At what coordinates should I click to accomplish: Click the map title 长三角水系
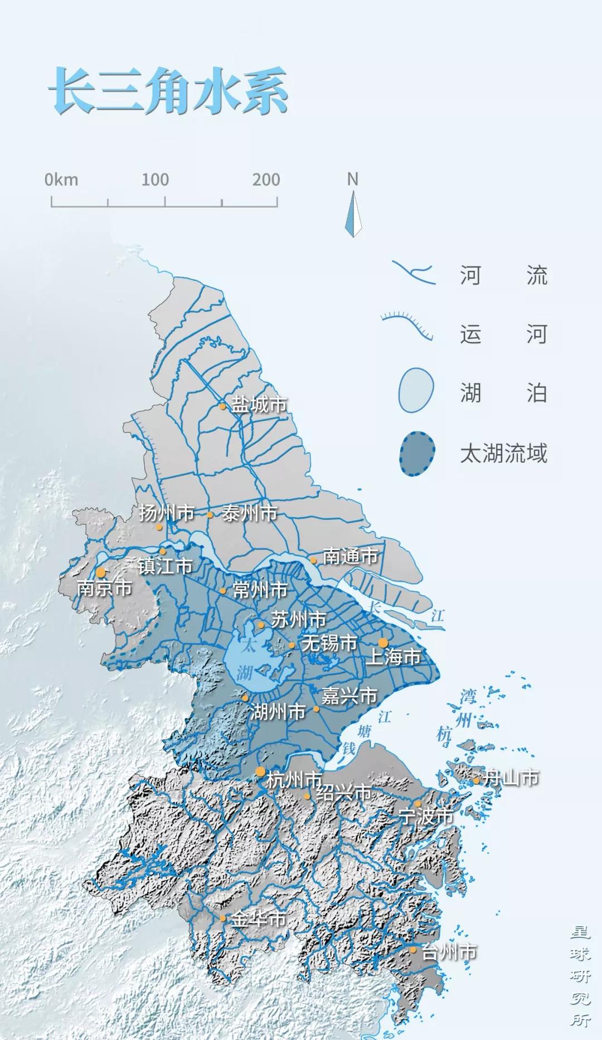click(x=168, y=91)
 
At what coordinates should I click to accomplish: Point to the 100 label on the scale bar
click(x=154, y=179)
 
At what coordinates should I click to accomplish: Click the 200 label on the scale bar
click(x=266, y=179)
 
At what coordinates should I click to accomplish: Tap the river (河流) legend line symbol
click(x=413, y=273)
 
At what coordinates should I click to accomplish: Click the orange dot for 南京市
click(x=101, y=572)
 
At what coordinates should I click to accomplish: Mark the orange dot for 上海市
click(x=383, y=643)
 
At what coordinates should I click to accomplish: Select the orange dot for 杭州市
click(x=260, y=771)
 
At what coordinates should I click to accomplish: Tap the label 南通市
click(x=350, y=556)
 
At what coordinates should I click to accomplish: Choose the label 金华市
click(x=259, y=919)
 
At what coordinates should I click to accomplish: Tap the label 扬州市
click(x=166, y=513)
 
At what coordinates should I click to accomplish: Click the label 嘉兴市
click(x=349, y=696)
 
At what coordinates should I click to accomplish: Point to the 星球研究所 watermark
click(x=580, y=975)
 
